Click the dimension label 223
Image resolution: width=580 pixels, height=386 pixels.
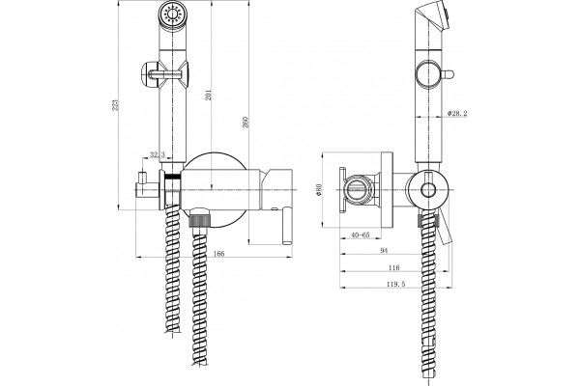click(116, 105)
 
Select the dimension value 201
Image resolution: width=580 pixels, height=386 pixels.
click(208, 95)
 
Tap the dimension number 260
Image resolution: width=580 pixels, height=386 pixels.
click(246, 123)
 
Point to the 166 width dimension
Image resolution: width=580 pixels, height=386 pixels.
click(219, 254)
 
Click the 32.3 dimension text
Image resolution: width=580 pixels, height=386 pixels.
click(158, 154)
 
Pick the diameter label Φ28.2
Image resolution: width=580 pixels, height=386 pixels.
click(457, 114)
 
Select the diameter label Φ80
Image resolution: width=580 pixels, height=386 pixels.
click(319, 190)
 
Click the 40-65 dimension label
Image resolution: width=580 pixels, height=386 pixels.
click(361, 234)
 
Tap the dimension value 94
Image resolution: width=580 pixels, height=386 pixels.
click(384, 251)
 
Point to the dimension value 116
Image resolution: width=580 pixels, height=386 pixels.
click(394, 268)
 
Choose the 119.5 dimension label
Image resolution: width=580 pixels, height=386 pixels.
click(395, 284)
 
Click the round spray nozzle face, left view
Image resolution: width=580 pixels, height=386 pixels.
click(173, 14)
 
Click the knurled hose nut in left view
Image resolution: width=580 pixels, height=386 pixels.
click(200, 218)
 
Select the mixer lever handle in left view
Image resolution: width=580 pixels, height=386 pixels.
click(287, 225)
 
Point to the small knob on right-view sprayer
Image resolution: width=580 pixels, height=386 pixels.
click(448, 74)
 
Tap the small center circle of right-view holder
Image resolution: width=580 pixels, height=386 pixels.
click(428, 190)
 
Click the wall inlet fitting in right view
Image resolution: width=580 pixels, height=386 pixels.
click(359, 189)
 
